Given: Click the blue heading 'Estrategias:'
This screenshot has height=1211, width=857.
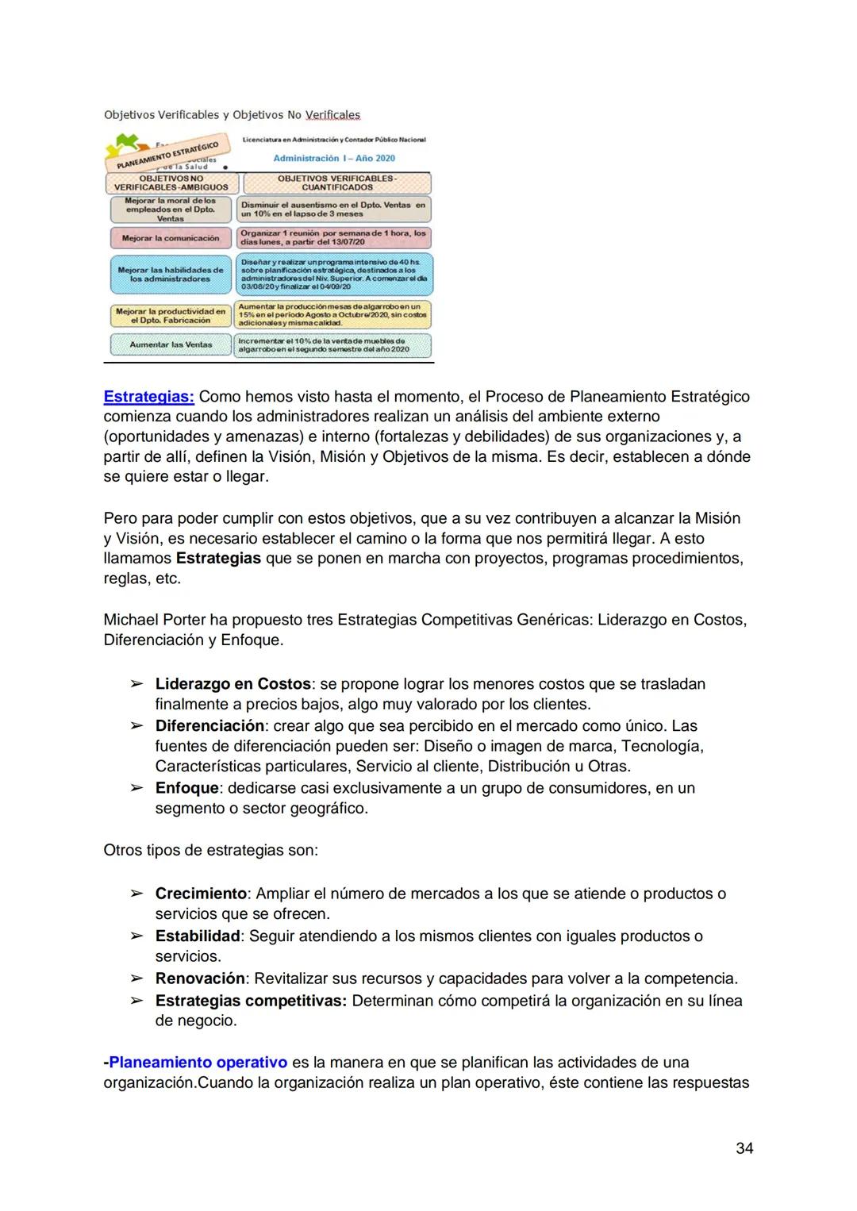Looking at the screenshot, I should (148, 396).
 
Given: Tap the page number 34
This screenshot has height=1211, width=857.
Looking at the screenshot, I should (744, 1148).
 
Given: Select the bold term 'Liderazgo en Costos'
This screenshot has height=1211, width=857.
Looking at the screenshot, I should (233, 683).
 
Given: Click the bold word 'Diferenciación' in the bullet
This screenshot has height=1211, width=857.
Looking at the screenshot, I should (209, 725).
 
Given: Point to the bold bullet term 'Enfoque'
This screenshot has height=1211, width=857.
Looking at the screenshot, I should (186, 787).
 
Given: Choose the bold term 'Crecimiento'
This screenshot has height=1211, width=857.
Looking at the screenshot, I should (201, 893).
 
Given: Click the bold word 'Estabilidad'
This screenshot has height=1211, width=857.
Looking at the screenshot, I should (198, 936).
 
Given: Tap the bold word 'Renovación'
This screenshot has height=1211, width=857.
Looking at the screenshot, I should (200, 978).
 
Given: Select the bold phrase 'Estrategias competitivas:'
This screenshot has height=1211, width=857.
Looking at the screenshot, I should (251, 1000).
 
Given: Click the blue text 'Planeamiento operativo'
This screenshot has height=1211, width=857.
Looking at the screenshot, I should (198, 1062).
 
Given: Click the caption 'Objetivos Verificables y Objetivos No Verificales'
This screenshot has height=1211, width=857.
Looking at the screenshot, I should (232, 115).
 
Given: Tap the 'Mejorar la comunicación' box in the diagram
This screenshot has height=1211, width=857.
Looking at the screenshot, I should (170, 238).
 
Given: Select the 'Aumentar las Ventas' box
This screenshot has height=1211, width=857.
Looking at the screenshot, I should (170, 345).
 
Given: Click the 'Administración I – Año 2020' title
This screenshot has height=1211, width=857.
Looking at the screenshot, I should (334, 158).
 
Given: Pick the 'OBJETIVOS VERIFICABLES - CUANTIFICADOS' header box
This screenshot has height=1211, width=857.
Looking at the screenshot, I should (336, 183).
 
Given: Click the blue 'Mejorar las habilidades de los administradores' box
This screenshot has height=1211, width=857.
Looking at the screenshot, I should (170, 275).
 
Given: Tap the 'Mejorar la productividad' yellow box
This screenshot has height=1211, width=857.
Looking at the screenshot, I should (170, 316).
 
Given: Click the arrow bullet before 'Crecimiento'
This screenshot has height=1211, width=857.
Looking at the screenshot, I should (136, 894).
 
